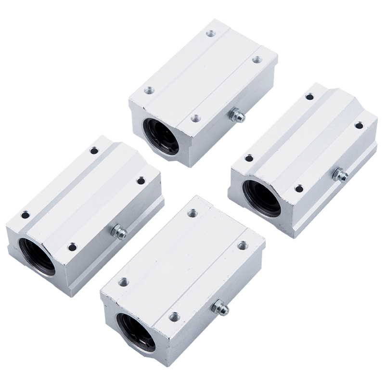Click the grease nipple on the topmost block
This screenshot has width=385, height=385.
click(236, 115)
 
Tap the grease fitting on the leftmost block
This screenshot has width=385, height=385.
click(118, 231)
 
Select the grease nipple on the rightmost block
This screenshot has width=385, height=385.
click(340, 175)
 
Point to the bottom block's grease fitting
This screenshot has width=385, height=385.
click(220, 308)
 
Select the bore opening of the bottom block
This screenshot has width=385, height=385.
click(137, 332)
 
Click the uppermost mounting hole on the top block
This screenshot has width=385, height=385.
click(210, 34)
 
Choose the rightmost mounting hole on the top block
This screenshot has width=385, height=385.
click(257, 60)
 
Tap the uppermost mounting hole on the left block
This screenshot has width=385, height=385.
click(94, 151)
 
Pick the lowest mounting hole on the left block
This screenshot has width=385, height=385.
click(72, 247)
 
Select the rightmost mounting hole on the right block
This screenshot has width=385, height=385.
click(359, 126)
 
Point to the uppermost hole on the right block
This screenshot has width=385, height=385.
click(309, 97)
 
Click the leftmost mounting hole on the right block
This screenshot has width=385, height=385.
click(249, 158)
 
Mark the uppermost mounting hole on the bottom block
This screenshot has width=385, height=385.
click(192, 213)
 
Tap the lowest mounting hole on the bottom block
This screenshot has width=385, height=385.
click(174, 317)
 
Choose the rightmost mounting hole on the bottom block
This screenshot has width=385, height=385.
click(243, 245)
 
